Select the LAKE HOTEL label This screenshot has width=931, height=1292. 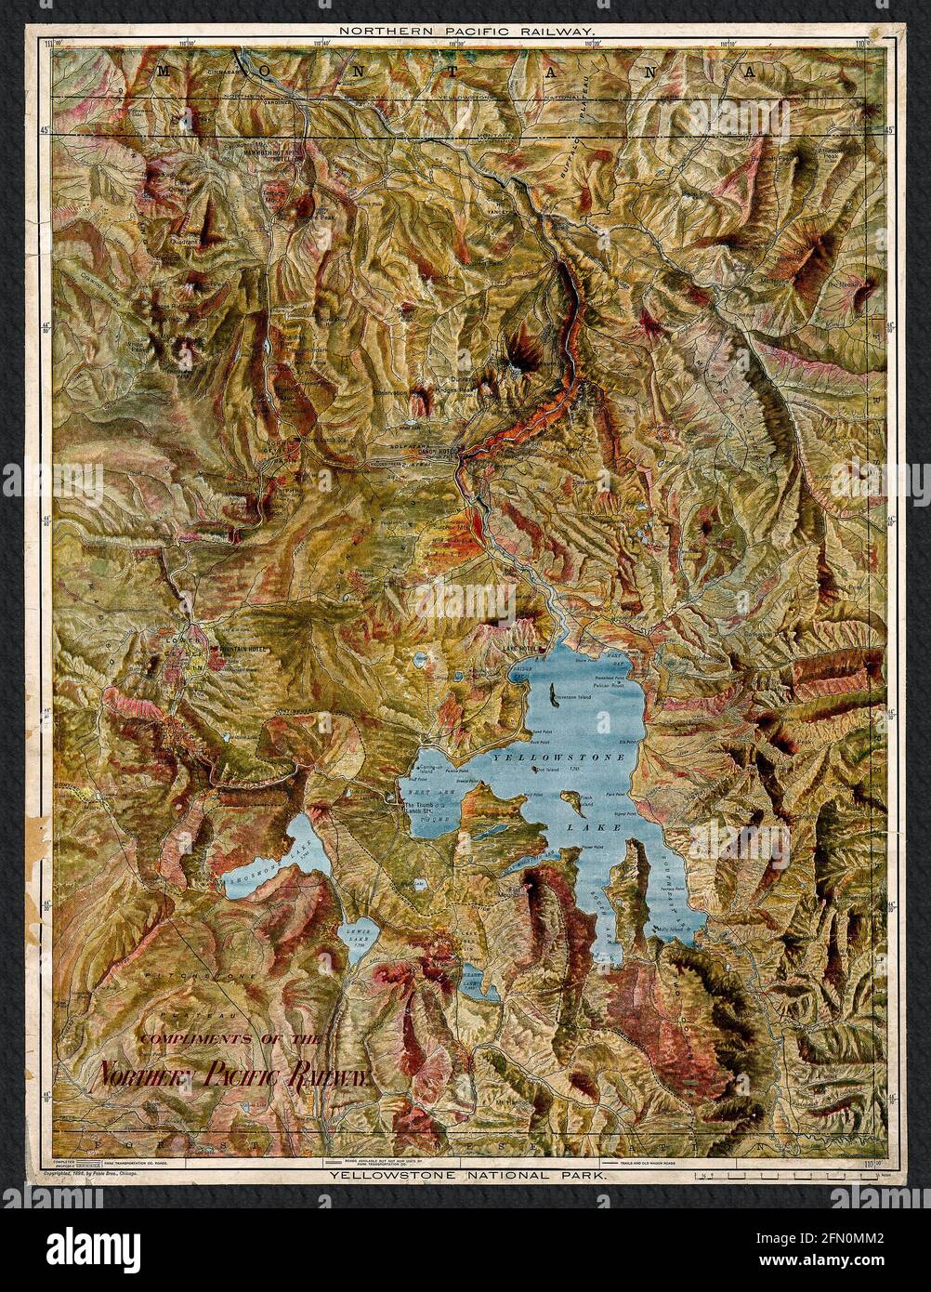[x=520, y=647]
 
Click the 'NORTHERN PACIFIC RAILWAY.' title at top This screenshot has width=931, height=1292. [x=465, y=31]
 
